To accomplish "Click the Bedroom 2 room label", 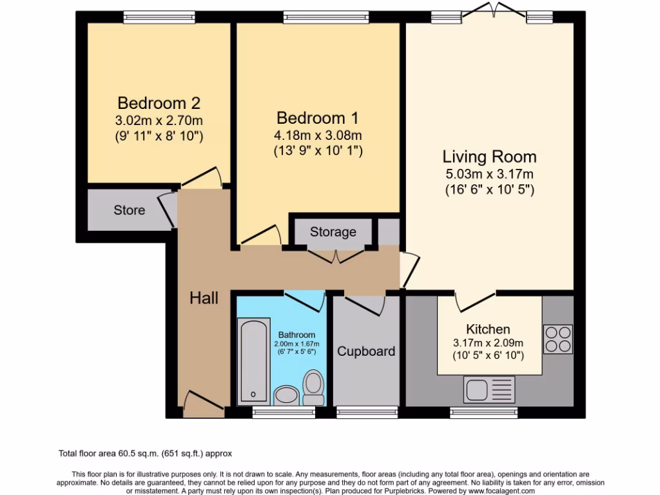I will (159, 103).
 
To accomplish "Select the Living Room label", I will (489, 157).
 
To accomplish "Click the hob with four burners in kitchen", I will (558, 339).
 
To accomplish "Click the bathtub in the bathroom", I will (253, 361).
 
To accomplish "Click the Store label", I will (130, 210).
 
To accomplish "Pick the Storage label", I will (333, 232).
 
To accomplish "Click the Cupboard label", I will (366, 352).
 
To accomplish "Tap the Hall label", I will (204, 298).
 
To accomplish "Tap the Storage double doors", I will (336, 256).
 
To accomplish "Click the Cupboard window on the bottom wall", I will (367, 412).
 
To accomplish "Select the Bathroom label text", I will (296, 335).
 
